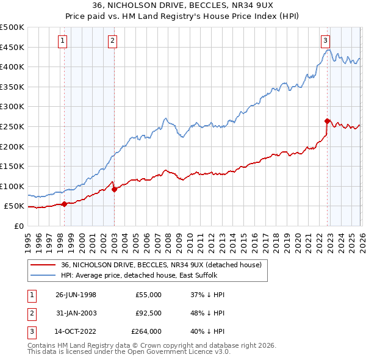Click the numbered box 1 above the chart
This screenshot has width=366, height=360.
[64, 41]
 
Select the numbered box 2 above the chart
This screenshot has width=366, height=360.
[113, 41]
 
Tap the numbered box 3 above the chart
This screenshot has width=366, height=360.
[326, 41]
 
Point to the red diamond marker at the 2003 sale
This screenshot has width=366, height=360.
[114, 189]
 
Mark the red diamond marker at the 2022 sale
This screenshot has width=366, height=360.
[327, 121]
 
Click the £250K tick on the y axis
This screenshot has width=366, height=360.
[12, 126]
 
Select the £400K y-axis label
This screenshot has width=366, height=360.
[12, 67]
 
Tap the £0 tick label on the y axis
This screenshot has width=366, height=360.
[18, 226]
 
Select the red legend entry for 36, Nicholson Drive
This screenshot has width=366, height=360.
[161, 265]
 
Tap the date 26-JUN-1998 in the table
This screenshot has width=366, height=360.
[76, 295]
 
